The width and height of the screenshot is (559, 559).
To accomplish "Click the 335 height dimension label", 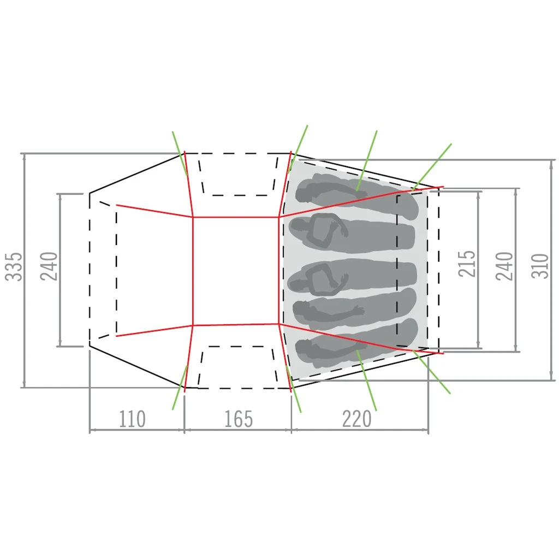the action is coord(14,266).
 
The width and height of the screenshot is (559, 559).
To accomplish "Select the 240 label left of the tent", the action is coord(49,266).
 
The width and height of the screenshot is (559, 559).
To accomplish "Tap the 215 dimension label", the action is coord(467,264).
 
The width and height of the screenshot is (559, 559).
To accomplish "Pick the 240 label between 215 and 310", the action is coord(505,266).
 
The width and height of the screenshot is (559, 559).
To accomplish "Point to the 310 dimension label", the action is coord(540,266).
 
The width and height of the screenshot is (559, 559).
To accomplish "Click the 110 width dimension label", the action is coord(132,419).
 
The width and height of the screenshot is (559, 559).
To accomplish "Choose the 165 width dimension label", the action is coord(239,419).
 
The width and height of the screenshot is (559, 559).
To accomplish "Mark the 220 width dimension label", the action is coord(357,419).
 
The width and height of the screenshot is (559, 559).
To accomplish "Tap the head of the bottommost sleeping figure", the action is coord(302,348).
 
